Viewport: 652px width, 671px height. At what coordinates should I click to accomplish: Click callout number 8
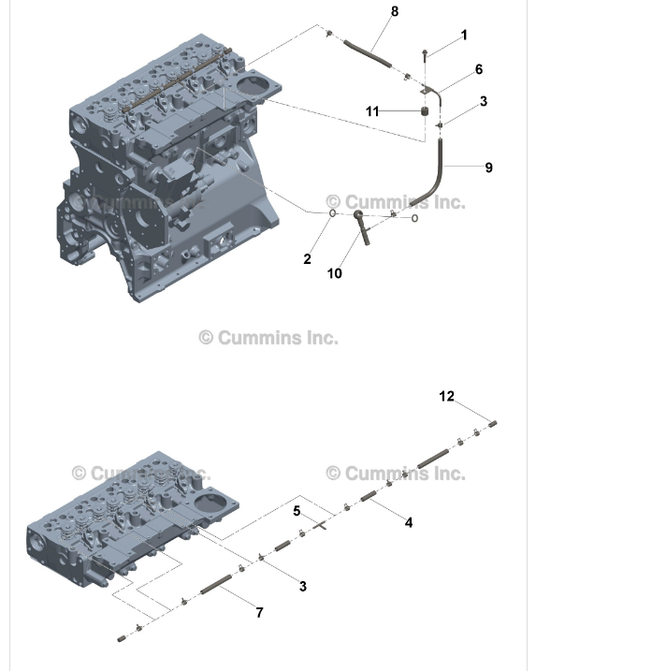pos(394,11)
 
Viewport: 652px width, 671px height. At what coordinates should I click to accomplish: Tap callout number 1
pos(464,36)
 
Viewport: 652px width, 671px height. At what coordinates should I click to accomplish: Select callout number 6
pos(478,69)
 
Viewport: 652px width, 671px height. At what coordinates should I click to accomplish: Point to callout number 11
pos(372,111)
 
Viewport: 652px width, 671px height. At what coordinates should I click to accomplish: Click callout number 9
pos(488,168)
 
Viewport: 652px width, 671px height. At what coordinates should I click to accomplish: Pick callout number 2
pos(307,259)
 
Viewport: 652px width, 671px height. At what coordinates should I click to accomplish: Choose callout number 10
pos(334,273)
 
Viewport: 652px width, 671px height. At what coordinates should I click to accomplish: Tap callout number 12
pos(446,397)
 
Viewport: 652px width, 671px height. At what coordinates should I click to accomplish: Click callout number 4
pos(409,523)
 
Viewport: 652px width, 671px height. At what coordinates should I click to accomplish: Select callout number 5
pos(297,511)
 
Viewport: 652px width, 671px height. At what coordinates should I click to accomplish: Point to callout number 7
pos(259,612)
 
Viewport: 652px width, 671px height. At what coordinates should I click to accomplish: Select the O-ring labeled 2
pos(332,214)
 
